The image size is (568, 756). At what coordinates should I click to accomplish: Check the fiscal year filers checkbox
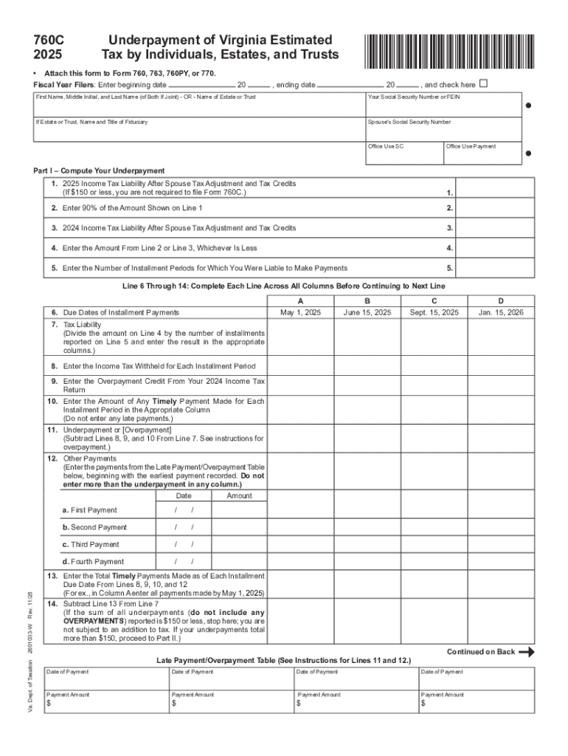(484, 83)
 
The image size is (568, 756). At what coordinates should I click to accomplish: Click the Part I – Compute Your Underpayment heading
(99, 171)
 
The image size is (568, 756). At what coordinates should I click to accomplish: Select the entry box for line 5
(494, 268)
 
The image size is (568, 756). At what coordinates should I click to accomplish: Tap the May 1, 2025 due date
(300, 312)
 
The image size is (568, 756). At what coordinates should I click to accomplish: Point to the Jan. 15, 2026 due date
(500, 312)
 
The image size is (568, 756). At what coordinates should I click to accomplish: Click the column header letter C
(434, 300)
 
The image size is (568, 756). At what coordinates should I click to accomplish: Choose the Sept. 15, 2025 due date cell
(434, 312)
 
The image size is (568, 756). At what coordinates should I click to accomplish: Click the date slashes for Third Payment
(184, 545)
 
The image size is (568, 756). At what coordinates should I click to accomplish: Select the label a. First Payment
(89, 510)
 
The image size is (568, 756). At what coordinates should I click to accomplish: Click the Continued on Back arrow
(526, 652)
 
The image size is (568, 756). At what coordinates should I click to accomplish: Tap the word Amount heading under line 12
(239, 495)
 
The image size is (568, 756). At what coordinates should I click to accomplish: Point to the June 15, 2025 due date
(367, 312)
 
